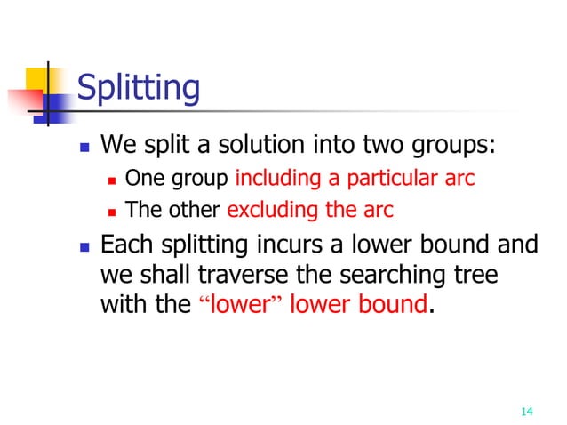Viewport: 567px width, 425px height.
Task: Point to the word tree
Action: [x=477, y=275]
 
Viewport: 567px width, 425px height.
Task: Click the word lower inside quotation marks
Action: [x=242, y=304]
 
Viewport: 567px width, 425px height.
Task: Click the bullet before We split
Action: [x=82, y=145]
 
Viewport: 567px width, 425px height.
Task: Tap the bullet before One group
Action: [x=112, y=180]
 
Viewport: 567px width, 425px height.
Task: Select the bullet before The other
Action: [x=112, y=212]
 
